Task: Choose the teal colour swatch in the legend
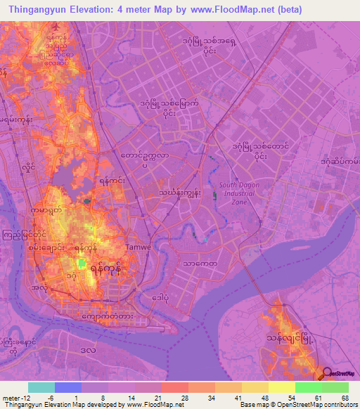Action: (41, 387)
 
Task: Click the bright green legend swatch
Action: (308, 387)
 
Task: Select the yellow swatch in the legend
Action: (281, 387)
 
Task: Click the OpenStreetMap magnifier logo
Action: (327, 375)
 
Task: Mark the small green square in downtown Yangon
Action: (82, 264)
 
